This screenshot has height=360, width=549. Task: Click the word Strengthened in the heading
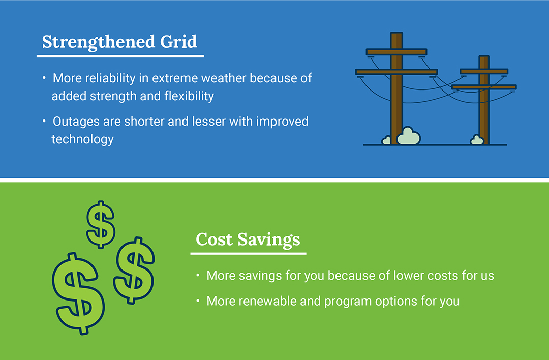[99, 42]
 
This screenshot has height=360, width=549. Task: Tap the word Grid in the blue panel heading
[178, 41]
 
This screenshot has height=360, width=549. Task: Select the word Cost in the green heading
[214, 239]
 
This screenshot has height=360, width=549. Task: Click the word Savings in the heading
[269, 240]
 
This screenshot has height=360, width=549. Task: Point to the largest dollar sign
[78, 293]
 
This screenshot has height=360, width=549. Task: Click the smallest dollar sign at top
[101, 224]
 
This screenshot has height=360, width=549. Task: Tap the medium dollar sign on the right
[134, 270]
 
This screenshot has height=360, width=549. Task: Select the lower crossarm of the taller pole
[396, 72]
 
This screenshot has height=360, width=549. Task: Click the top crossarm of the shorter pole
[484, 71]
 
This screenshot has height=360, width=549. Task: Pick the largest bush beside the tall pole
[409, 136]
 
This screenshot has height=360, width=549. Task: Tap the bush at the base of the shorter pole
[477, 140]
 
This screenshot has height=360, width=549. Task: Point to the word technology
[83, 139]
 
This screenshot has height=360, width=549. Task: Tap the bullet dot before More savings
[198, 275]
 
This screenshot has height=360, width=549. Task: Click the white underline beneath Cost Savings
[248, 253]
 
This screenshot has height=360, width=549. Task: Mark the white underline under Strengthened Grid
[120, 56]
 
